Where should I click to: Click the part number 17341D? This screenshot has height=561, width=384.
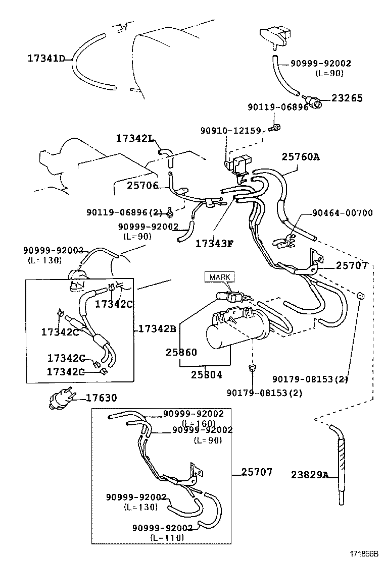pyautogui.click(x=46, y=59)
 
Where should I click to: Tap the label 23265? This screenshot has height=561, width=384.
pyautogui.click(x=347, y=98)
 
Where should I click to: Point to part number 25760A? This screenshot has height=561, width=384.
pyautogui.click(x=301, y=157)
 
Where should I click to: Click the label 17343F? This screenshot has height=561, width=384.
pyautogui.click(x=215, y=244)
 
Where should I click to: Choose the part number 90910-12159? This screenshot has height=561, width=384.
pyautogui.click(x=231, y=131)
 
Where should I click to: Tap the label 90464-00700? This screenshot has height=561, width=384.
pyautogui.click(x=343, y=213)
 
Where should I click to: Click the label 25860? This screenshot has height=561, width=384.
pyautogui.click(x=181, y=352)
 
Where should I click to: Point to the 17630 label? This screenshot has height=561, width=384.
pyautogui.click(x=101, y=398)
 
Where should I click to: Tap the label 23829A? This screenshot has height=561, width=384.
pyautogui.click(x=310, y=474)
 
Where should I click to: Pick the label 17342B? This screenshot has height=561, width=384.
pyautogui.click(x=157, y=329)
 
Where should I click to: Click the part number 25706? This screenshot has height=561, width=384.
pyautogui.click(x=142, y=186)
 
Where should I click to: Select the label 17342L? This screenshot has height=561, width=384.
pyautogui.click(x=134, y=138)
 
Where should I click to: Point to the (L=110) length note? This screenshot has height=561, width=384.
pyautogui.click(x=167, y=537)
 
